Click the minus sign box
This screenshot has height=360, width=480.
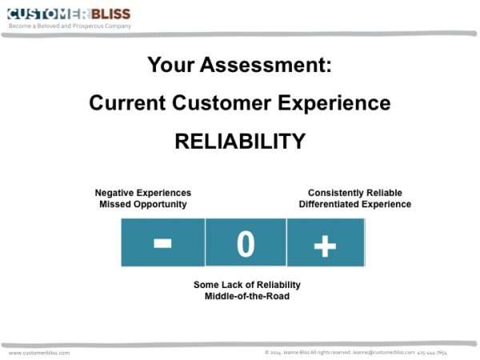[x=162, y=242]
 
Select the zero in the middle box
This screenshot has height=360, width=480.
[x=245, y=244]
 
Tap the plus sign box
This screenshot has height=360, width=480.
[x=325, y=244]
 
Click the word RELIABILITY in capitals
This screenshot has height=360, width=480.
[x=240, y=141]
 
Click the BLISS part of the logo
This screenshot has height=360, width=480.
[x=110, y=14]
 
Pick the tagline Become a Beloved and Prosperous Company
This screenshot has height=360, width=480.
[x=70, y=26]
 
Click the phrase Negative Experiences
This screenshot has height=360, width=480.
[x=143, y=193]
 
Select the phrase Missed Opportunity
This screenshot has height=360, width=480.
[x=143, y=204]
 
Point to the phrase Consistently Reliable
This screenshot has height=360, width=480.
[x=354, y=193]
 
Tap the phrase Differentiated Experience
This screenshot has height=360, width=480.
[x=354, y=204]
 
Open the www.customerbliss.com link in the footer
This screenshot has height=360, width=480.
[x=39, y=352]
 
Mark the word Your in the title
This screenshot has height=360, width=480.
[x=170, y=66]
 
